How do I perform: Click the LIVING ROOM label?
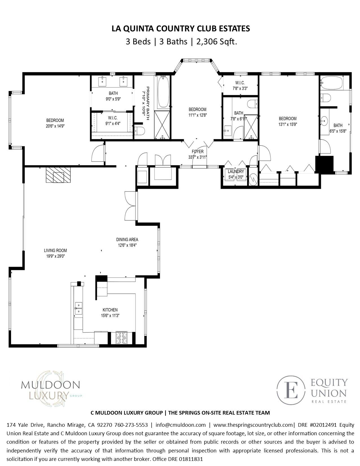coord(55,250)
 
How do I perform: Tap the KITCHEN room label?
coord(110,310)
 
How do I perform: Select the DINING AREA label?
coord(127,239)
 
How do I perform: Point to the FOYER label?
coord(197,152)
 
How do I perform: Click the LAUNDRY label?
coord(236,171)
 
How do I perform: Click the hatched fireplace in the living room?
coord(58,175)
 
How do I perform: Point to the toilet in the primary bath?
coord(140,130)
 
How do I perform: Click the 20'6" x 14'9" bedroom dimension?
coord(55,126)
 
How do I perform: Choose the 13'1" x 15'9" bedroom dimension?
coord(287,124)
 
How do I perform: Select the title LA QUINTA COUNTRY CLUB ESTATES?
coord(181,29)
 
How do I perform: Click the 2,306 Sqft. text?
coord(217,42)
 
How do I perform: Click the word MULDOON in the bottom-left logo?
coord(50,385)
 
